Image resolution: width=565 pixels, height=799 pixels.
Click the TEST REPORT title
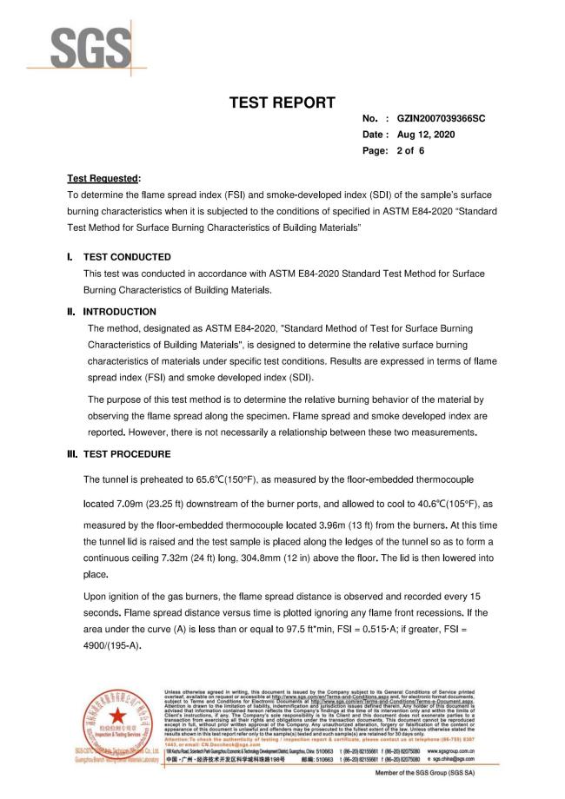coord(282,103)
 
